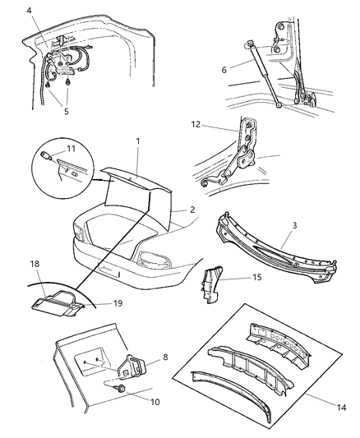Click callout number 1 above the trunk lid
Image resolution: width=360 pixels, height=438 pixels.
point(138,141)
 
